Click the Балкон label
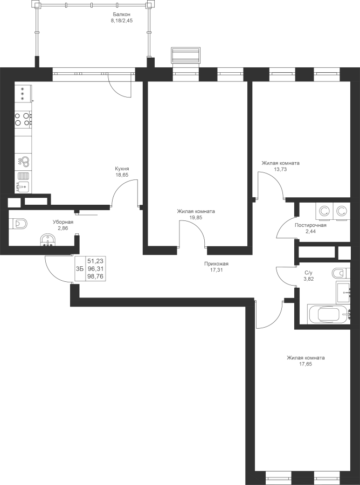[122, 15]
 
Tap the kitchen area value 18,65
[122, 175]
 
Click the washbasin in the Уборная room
[48, 240]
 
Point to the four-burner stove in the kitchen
[23, 119]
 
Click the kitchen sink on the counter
[23, 186]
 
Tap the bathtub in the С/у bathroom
[329, 314]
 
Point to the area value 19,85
[196, 218]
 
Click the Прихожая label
[216, 264]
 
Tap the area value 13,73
[281, 169]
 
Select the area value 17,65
[306, 364]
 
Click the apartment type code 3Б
[80, 268]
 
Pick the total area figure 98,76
[95, 276]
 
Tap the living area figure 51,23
[95, 261]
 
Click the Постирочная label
[310, 225]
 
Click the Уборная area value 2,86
[63, 228]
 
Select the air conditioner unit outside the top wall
[185, 56]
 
